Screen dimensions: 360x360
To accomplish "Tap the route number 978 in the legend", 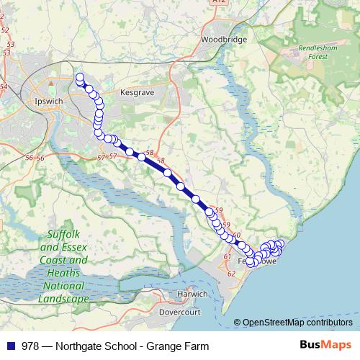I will click(32, 346).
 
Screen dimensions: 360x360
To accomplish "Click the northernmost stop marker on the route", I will click(79, 77).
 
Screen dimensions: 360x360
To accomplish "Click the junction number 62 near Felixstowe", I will click(231, 274).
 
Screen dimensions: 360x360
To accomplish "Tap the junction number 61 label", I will click(227, 257).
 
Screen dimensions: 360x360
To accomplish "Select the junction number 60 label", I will click(236, 235).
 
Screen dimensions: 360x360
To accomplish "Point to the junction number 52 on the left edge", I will click(6, 30).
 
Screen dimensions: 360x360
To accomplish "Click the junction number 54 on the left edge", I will click(4, 87).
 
